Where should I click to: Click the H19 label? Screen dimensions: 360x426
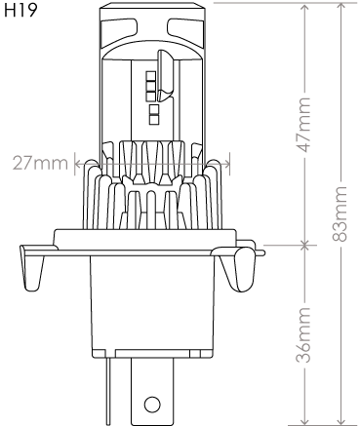(20, 10)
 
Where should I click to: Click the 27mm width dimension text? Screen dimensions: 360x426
(40, 163)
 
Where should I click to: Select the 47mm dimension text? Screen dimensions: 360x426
(304, 125)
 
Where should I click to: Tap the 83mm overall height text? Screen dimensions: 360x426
(340, 213)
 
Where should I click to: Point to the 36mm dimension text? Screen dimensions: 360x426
(303, 334)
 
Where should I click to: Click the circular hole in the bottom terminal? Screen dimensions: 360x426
(152, 405)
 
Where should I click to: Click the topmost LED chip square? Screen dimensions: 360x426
(150, 76)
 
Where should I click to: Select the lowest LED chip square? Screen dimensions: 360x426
(153, 120)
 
